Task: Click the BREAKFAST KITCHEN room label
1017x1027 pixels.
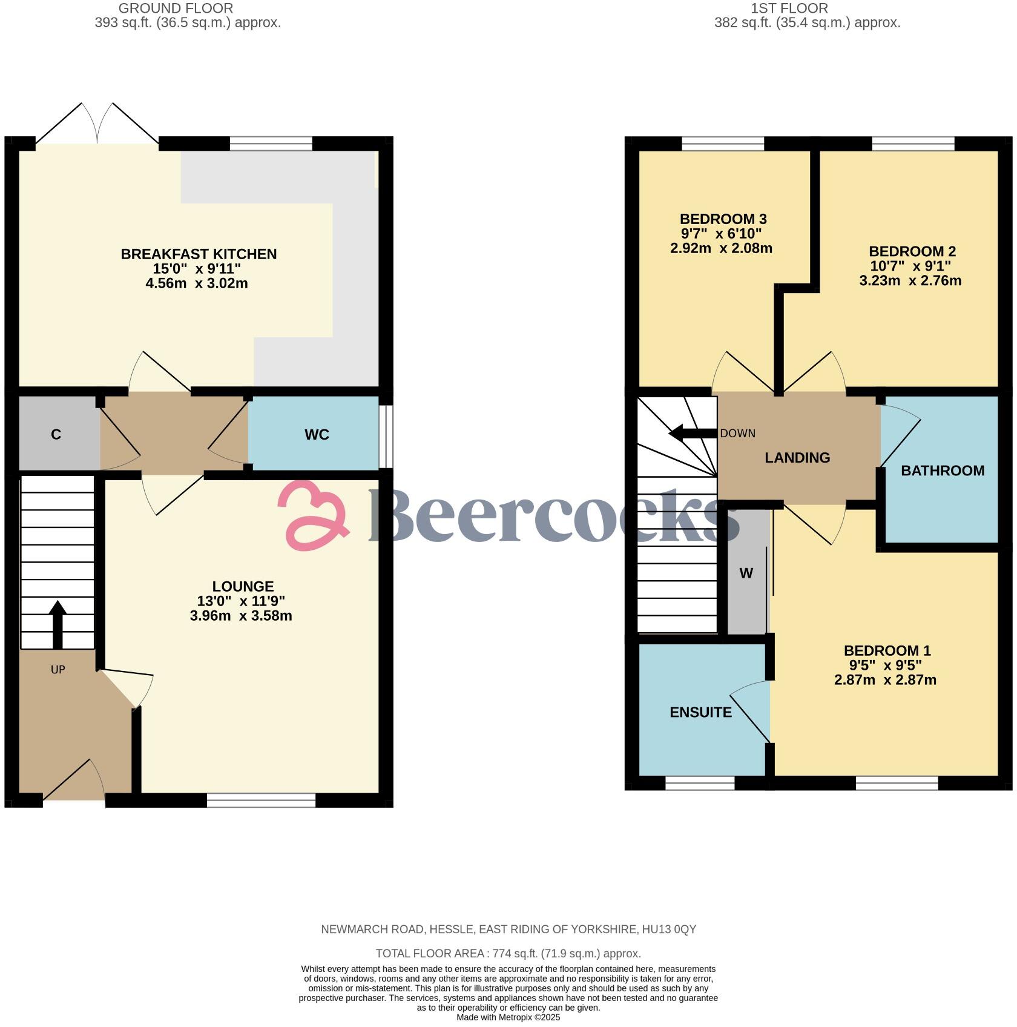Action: pyautogui.click(x=199, y=254)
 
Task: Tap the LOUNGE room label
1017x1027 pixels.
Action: pyautogui.click(x=243, y=586)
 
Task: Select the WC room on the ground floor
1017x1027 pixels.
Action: pyautogui.click(x=317, y=434)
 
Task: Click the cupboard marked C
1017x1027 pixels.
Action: pyautogui.click(x=56, y=434)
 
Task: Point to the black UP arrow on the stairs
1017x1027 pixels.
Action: pyautogui.click(x=58, y=624)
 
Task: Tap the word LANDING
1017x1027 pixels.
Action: pyautogui.click(x=797, y=458)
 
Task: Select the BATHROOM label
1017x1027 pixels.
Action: pyautogui.click(x=942, y=471)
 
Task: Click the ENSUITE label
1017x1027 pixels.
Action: pyautogui.click(x=700, y=712)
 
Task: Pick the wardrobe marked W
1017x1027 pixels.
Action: pyautogui.click(x=746, y=573)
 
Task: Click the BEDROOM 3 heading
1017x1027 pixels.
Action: pyautogui.click(x=723, y=219)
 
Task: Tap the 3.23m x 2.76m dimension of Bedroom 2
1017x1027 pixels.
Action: pyautogui.click(x=910, y=280)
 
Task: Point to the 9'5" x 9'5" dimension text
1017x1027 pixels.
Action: pyautogui.click(x=886, y=665)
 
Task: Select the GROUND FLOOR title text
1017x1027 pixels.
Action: pyautogui.click(x=176, y=8)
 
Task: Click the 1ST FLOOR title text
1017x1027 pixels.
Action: pyautogui.click(x=789, y=8)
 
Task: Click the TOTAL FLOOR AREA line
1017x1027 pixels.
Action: pyautogui.click(x=508, y=953)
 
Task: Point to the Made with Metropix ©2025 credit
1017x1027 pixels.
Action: pyautogui.click(x=508, y=1017)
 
